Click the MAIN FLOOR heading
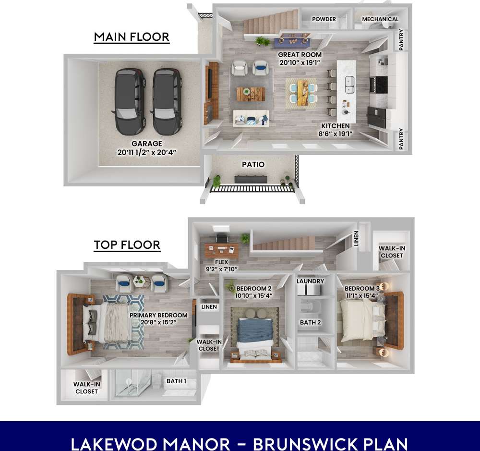[x=132, y=37]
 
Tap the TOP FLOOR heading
[x=127, y=245]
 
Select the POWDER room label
[x=324, y=19]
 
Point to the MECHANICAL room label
[x=380, y=19]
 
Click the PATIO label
[x=253, y=164]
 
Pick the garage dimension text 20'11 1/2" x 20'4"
[x=147, y=152]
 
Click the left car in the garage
[x=130, y=101]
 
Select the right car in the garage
[x=168, y=101]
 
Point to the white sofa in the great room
[x=251, y=118]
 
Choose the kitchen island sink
[x=349, y=84]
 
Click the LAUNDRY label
[x=311, y=281]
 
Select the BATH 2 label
[x=310, y=322]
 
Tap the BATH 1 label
[x=176, y=381]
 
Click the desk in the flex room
[x=223, y=249]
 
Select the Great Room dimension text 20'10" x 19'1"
[x=300, y=62]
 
